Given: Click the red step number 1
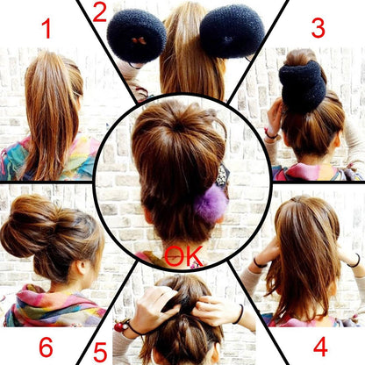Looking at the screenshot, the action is (47, 29).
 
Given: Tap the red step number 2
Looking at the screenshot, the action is (99, 13).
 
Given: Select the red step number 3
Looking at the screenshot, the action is (318, 28).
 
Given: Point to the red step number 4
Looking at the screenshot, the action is (320, 347).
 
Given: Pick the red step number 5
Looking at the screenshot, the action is (100, 353).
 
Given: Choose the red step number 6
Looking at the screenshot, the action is (46, 347).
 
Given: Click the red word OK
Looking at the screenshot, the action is (183, 256).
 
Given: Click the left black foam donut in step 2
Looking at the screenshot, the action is (137, 36).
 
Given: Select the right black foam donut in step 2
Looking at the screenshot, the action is (232, 32).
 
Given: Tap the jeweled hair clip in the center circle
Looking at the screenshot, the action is (223, 175).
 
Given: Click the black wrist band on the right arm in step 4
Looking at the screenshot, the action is (355, 261).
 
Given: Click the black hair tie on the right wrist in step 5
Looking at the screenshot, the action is (240, 314).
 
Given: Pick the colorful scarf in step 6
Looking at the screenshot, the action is (53, 305).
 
